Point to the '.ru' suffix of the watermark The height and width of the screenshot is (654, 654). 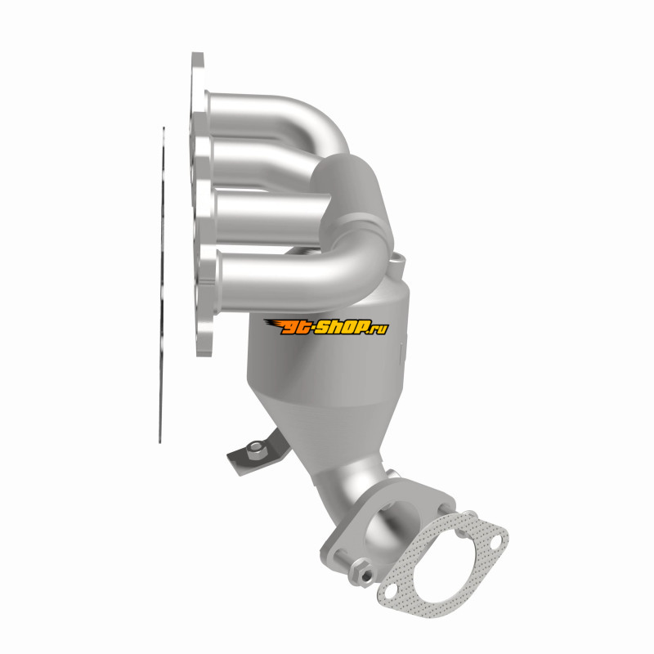pos(379,329)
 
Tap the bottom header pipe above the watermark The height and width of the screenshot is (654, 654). pos(292,275)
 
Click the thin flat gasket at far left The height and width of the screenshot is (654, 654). pos(162,284)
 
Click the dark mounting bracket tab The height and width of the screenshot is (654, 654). pos(258,454)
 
